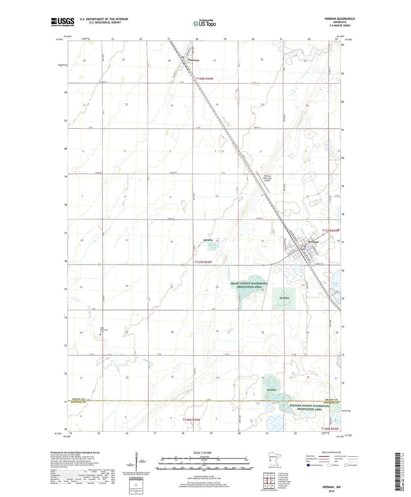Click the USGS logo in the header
coord(62,22)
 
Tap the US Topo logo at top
coord(205,23)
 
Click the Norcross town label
coord(193,60)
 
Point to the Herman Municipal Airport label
coord(267,178)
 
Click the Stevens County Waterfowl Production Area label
coord(309,407)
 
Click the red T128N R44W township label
coord(205,79)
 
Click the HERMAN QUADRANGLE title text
coord(340,19)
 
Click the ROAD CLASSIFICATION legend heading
coord(332,452)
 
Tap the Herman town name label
coord(313,242)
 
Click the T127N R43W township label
coord(331,231)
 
